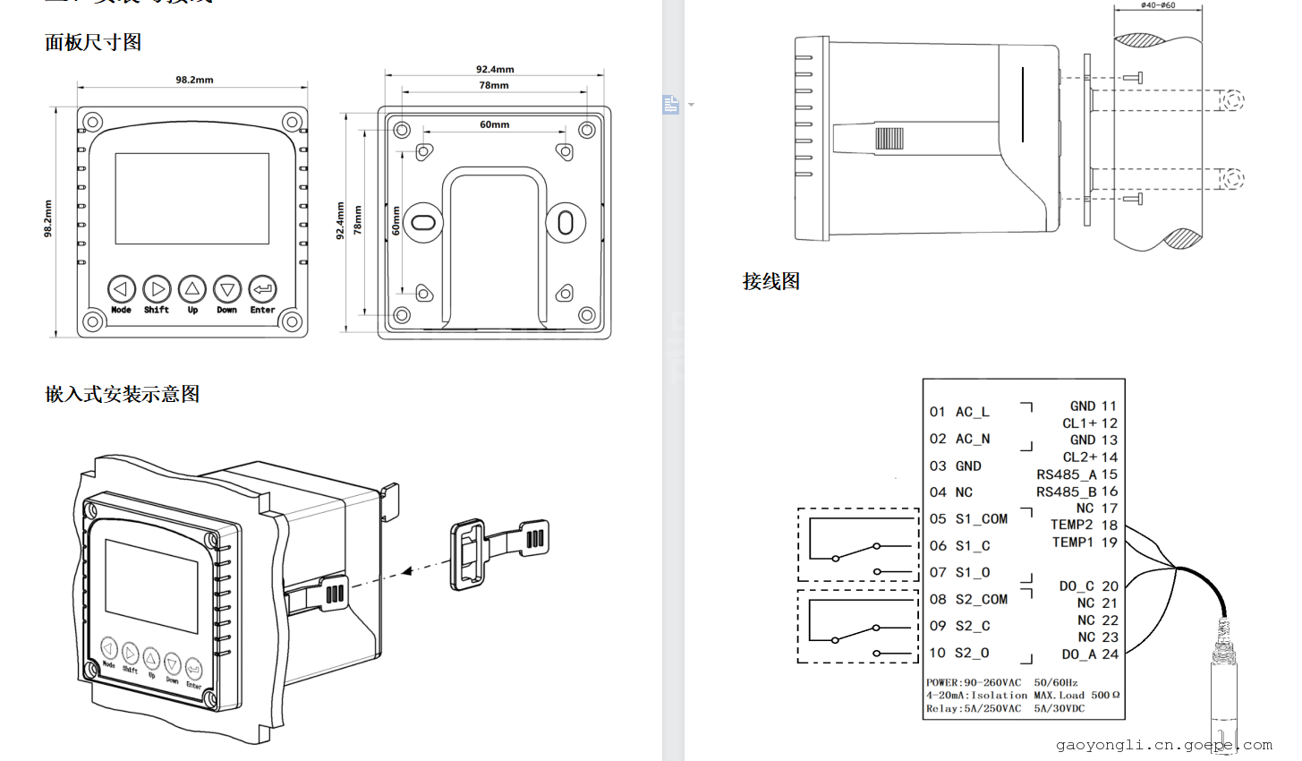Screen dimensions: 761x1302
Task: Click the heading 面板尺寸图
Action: click(x=93, y=42)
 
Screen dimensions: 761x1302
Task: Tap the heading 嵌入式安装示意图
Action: click(x=123, y=394)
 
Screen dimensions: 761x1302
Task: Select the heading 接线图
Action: click(x=770, y=281)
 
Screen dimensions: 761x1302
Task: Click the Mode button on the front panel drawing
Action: click(x=122, y=289)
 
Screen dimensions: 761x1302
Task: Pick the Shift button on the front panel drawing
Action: click(x=157, y=289)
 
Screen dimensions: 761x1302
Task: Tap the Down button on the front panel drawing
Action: click(x=227, y=289)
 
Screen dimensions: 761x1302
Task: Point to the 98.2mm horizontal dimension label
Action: click(x=194, y=80)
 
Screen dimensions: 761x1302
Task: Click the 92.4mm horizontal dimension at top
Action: click(x=495, y=69)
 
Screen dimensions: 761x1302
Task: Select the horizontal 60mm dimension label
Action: click(x=494, y=124)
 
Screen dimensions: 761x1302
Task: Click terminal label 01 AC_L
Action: click(x=959, y=412)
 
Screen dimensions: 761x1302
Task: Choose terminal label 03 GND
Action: click(x=955, y=466)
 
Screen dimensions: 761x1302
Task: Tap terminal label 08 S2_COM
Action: click(x=968, y=599)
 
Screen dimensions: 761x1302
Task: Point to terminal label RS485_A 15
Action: click(x=1076, y=475)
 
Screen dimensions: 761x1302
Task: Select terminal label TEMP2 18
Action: click(x=1084, y=525)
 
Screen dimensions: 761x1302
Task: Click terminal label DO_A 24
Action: click(x=1090, y=654)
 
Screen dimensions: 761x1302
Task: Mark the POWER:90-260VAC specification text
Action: click(x=974, y=682)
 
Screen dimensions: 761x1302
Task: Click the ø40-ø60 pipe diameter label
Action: click(x=1158, y=5)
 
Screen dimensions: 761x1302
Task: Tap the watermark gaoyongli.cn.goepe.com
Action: click(x=1163, y=745)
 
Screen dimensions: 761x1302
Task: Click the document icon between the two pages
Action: click(x=671, y=105)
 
